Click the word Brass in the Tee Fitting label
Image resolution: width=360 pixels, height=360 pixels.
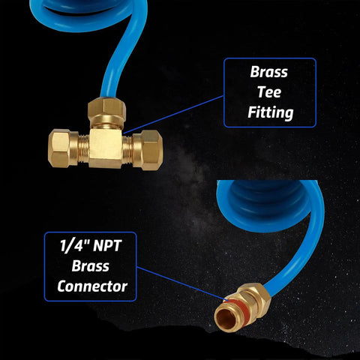[x=268, y=72]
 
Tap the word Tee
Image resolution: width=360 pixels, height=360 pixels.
[x=269, y=92]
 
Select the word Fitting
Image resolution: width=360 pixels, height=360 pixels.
[x=270, y=113]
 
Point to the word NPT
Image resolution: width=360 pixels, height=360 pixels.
[x=107, y=246]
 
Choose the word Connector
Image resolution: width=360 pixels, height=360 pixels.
[x=92, y=286]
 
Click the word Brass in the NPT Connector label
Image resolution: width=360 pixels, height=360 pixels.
[x=91, y=266]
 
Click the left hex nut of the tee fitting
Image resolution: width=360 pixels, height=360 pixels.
[x=60, y=148]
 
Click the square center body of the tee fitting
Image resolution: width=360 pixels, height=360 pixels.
[x=106, y=148]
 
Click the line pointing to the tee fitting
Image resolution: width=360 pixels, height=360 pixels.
[x=173, y=114]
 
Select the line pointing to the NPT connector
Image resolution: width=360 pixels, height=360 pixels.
[x=182, y=283]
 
